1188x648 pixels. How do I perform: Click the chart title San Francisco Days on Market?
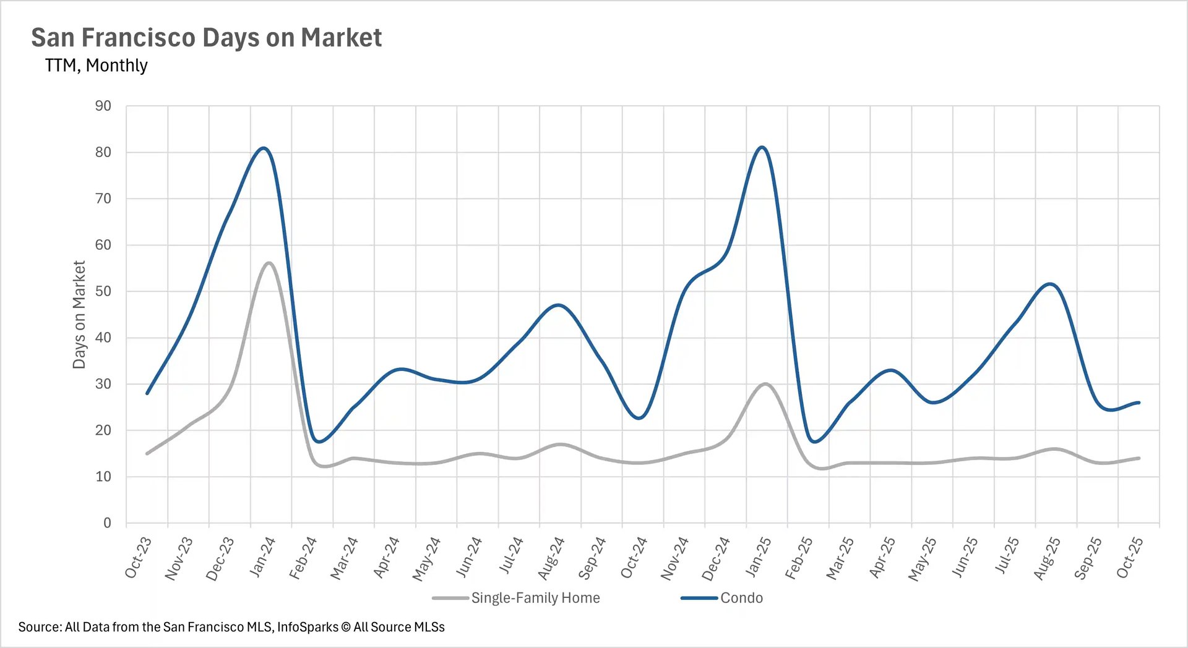coord(206,38)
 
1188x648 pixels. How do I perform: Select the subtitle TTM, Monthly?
coord(96,66)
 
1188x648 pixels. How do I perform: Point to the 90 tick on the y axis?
coord(103,106)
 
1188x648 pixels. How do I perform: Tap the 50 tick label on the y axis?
coord(103,291)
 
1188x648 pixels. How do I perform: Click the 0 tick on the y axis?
coord(107,523)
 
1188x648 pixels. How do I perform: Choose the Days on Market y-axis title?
coord(79,314)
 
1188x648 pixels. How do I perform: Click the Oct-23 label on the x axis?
coord(138,558)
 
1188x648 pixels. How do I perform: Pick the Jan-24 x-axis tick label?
coord(262,557)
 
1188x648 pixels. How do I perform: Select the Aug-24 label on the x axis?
coord(551,558)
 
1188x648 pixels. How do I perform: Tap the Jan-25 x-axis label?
coord(758,557)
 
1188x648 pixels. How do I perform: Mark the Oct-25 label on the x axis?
coord(1129,558)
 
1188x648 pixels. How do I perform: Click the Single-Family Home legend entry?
coord(535,598)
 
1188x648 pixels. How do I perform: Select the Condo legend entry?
coord(741,598)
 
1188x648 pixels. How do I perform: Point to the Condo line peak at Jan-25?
coord(762,147)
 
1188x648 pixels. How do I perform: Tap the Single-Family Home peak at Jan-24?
coord(269,263)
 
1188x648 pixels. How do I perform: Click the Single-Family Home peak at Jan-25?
coord(765,384)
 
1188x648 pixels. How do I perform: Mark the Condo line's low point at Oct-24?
coord(639,419)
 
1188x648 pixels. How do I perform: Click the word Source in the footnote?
coord(39,627)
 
